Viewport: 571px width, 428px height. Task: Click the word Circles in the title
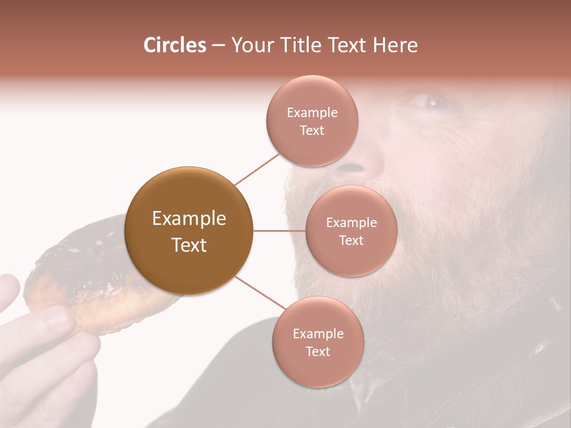(x=174, y=45)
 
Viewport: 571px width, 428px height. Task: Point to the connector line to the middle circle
(x=280, y=231)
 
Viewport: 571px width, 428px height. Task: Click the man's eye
(x=429, y=102)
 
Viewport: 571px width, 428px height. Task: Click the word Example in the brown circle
(x=189, y=219)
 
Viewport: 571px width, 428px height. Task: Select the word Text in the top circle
(x=312, y=131)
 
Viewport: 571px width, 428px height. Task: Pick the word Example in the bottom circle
(x=318, y=333)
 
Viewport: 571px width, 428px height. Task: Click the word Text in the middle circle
(x=351, y=241)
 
